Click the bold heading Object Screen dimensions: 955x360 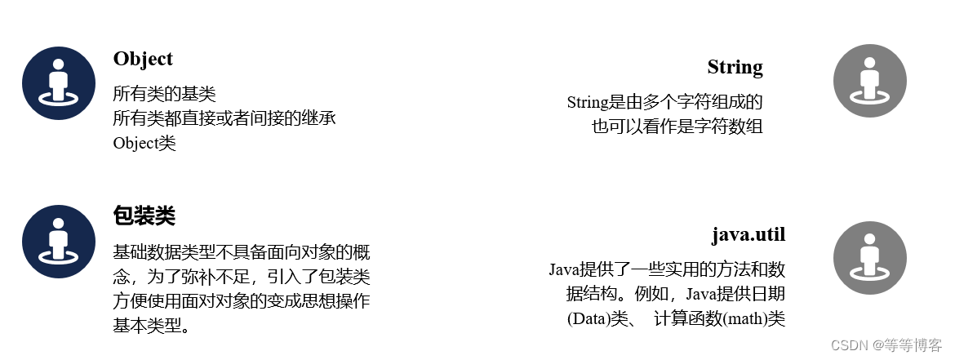(143, 59)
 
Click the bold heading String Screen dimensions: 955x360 (735, 67)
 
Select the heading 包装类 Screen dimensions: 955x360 (144, 216)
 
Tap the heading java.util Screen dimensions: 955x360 (748, 235)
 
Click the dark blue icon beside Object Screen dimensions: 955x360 (59, 83)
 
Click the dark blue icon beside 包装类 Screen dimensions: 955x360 (59, 242)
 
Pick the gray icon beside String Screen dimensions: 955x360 (870, 81)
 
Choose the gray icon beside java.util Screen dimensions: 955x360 (870, 258)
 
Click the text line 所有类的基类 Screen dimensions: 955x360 (164, 94)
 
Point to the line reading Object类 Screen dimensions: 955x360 (144, 143)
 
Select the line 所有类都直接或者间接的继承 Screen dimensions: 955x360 (224, 118)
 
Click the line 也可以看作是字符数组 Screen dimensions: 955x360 (677, 127)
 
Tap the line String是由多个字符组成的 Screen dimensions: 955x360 (664, 102)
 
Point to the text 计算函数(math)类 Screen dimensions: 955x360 (719, 318)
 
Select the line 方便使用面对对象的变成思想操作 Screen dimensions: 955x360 (241, 301)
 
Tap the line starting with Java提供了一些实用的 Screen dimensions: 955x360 (667, 269)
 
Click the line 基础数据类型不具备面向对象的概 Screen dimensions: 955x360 (241, 252)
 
